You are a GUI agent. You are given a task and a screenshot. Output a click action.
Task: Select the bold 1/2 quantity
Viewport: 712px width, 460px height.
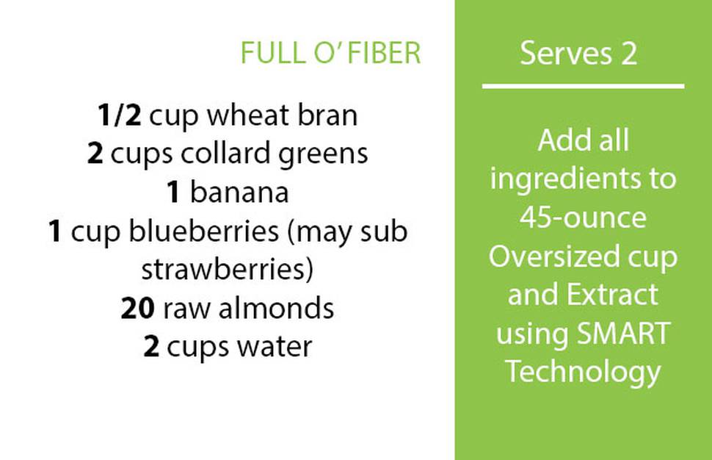coord(120,115)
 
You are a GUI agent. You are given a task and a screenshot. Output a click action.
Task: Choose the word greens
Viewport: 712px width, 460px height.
coord(323,154)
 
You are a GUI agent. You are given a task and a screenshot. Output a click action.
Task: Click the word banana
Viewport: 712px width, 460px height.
coord(239,193)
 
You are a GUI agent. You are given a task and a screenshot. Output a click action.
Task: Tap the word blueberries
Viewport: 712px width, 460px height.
coord(204,231)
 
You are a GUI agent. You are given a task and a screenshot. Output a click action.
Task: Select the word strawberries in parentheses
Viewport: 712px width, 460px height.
coord(225,269)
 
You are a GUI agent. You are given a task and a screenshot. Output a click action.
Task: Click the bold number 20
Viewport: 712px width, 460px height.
coord(137,308)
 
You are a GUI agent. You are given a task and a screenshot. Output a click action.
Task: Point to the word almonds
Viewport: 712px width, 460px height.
coord(276,308)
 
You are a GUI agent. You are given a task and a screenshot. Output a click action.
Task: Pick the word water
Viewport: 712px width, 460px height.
coord(275,348)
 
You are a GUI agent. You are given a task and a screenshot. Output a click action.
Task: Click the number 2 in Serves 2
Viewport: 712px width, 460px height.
coord(629,54)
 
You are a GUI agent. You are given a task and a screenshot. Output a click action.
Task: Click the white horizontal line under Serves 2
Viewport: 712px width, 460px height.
coord(583,86)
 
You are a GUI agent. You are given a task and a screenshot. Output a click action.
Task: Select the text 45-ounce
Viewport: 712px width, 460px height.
coord(583,218)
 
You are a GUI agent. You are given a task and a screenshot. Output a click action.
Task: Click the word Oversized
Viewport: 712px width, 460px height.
coord(554,256)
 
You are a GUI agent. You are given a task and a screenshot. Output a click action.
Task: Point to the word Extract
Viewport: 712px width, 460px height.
coord(613,295)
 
